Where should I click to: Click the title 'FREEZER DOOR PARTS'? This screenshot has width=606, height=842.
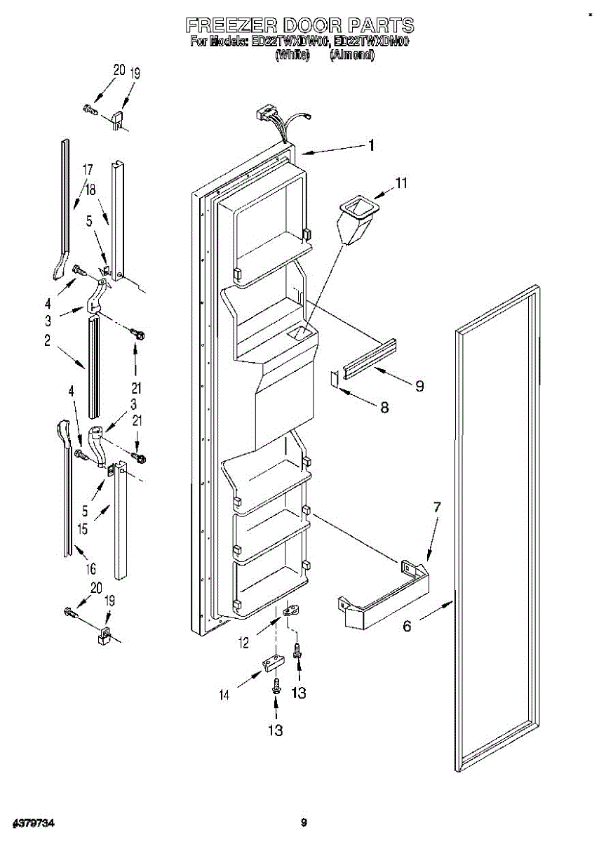click(x=299, y=26)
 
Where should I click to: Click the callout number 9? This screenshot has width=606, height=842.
click(x=419, y=385)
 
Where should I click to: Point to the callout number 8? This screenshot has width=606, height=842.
click(x=384, y=407)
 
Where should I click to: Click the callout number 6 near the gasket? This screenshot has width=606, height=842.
click(x=408, y=627)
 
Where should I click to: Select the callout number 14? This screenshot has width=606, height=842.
click(x=224, y=695)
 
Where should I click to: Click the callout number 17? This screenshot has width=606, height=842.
click(x=88, y=169)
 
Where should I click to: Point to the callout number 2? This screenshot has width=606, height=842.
click(x=47, y=341)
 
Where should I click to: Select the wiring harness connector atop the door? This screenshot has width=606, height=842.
click(x=267, y=114)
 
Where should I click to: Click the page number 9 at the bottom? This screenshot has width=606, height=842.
click(x=303, y=822)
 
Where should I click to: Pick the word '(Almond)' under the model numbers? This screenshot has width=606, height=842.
click(x=352, y=54)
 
